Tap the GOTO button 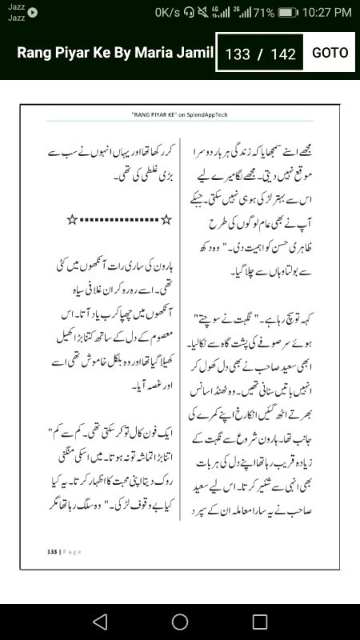[330, 53]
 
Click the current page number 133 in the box [238, 54]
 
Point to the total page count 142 [284, 54]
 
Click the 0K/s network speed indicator [168, 12]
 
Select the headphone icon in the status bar [189, 12]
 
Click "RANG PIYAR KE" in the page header [154, 115]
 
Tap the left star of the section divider [71, 219]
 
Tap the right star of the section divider [166, 219]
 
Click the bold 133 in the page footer [53, 551]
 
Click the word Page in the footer [72, 551]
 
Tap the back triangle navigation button [99, 622]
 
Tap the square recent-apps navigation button [260, 622]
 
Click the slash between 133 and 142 [260, 54]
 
